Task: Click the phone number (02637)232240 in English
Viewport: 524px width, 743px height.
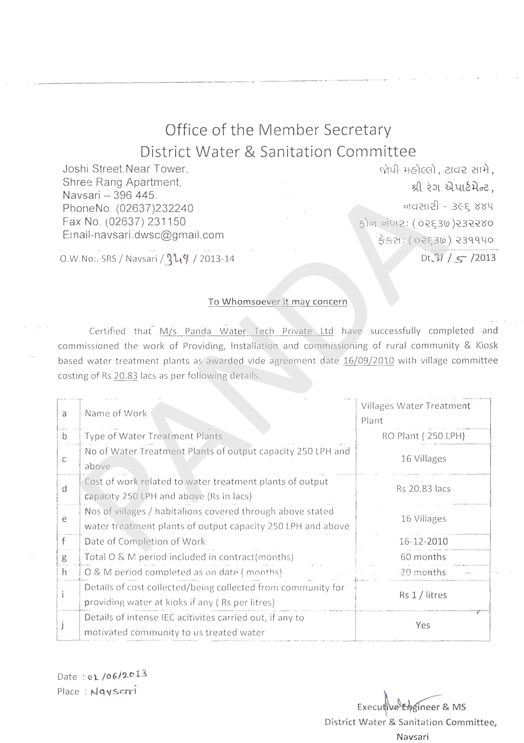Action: pos(155,208)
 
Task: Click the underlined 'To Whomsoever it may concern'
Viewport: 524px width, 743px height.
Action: pos(277,302)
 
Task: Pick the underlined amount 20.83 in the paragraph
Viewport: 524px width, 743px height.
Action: pos(126,376)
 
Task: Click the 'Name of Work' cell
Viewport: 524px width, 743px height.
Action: pos(116,414)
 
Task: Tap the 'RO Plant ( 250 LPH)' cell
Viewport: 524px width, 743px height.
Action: pos(423,436)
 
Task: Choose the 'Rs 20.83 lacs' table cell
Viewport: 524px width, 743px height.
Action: pos(423,489)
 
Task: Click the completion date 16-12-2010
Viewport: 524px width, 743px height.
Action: pos(423,541)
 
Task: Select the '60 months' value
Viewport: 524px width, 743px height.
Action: pos(423,557)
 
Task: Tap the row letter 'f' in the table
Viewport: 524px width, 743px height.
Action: pos(64,541)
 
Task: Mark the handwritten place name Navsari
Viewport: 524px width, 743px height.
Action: pos(113,691)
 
